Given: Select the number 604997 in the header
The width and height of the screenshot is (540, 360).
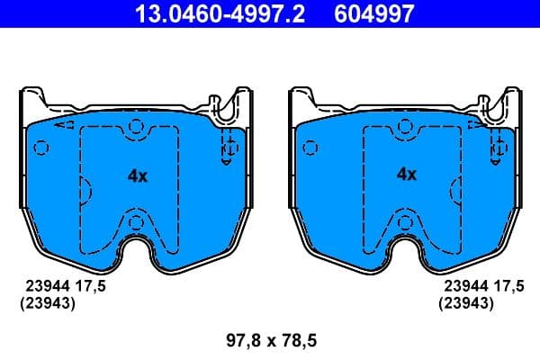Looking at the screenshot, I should (376, 14).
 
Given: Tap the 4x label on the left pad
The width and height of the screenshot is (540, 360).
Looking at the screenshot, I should (137, 176).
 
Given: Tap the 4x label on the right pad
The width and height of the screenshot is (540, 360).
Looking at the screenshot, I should (407, 175).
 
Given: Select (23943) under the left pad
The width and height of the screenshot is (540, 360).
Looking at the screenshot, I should (46, 303).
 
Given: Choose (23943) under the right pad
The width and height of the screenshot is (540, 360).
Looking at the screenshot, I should (465, 303).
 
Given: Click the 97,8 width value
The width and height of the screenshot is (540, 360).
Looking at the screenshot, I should (240, 341).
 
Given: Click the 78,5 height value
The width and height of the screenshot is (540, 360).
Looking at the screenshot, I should (300, 341).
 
